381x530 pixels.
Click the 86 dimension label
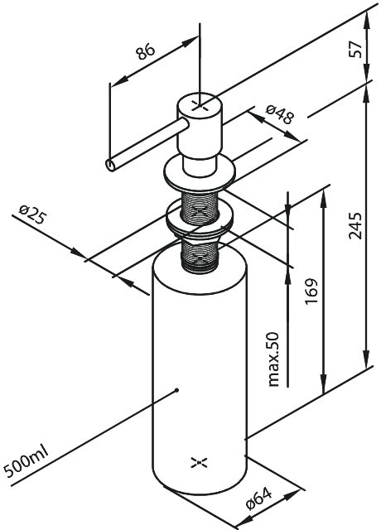(146, 51)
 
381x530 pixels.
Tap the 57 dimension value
(355, 49)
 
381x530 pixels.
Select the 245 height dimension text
(355, 225)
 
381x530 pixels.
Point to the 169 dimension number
(311, 291)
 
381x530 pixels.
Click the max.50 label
(273, 359)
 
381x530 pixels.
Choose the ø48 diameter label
(279, 114)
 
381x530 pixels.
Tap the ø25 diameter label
(32, 215)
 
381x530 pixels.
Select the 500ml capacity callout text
(27, 460)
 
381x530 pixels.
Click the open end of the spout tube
(110, 165)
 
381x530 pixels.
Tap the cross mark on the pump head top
(200, 105)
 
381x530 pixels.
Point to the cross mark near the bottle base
(199, 463)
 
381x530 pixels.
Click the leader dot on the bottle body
(176, 390)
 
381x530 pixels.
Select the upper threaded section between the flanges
(200, 207)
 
